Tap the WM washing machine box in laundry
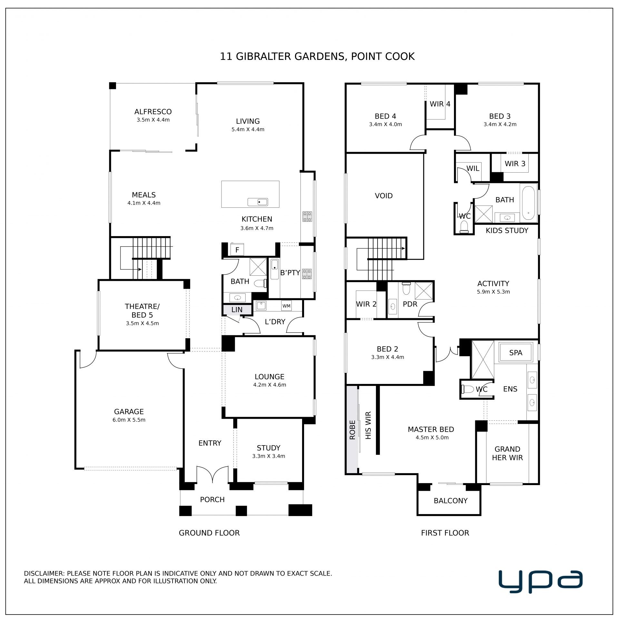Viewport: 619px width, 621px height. point(286,306)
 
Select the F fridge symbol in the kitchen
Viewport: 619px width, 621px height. point(237,250)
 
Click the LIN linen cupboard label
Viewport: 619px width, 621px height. point(237,310)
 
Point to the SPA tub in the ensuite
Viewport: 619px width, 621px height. point(516,352)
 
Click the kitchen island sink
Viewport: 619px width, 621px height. point(258,202)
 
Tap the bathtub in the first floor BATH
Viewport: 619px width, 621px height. point(528,203)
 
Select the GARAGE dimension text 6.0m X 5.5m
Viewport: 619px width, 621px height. point(129,420)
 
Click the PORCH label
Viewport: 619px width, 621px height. point(212,500)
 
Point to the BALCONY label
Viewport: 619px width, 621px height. point(450,501)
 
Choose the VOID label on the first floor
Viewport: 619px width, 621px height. point(384,196)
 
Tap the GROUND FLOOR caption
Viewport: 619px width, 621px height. point(209,533)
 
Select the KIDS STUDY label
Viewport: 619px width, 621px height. point(507,231)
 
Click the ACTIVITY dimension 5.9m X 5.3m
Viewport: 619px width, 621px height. point(493,292)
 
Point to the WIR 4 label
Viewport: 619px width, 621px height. point(440,104)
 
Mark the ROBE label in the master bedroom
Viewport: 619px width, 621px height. point(352,430)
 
